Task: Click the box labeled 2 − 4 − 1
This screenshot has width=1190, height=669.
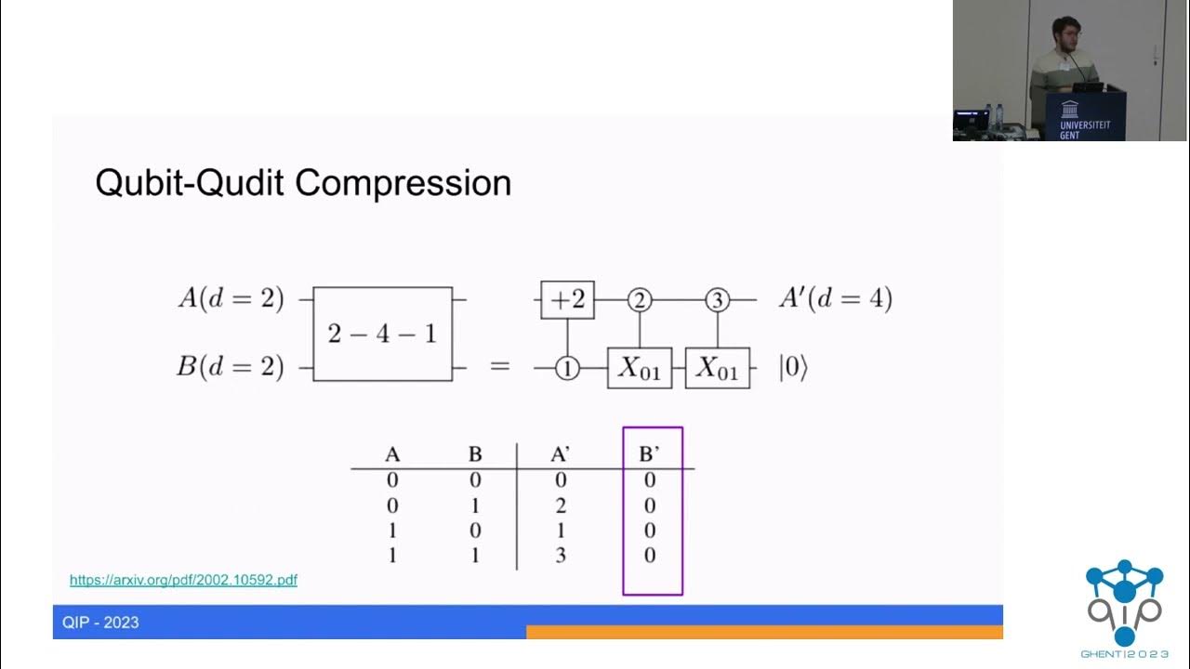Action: point(382,334)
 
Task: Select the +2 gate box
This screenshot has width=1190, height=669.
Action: point(567,300)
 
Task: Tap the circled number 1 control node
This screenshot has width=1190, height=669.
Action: point(567,369)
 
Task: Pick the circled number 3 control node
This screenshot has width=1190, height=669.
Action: point(717,300)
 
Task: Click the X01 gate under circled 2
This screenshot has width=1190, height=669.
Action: point(639,369)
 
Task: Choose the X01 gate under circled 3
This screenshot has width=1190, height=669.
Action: point(717,369)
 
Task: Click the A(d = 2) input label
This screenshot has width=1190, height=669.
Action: point(231,299)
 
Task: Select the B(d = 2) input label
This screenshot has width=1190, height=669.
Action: point(231,367)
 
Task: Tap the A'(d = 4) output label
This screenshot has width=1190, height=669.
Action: point(836,299)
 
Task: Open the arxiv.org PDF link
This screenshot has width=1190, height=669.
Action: point(183,580)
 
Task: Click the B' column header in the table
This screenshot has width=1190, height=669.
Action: point(650,455)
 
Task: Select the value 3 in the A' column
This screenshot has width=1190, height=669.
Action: point(561,556)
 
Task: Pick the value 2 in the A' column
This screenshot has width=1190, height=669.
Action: point(561,505)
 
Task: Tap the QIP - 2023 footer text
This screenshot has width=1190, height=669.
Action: point(100,623)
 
